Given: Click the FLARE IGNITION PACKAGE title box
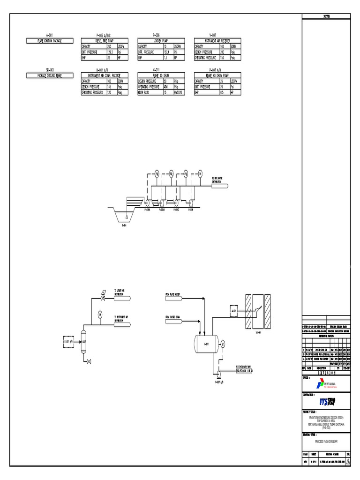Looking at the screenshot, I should (50, 41).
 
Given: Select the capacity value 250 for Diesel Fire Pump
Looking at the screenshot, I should (109, 46).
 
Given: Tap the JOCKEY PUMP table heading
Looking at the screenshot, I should (156, 41).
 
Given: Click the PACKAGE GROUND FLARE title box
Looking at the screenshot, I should (50, 75).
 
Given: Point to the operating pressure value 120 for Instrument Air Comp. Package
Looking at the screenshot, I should (109, 92).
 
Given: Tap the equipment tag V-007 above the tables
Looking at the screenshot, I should (212, 35).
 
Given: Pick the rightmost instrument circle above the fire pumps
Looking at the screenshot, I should (200, 173).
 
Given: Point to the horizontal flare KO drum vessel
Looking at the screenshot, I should (206, 343).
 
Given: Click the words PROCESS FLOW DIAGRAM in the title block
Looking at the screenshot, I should (325, 442).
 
